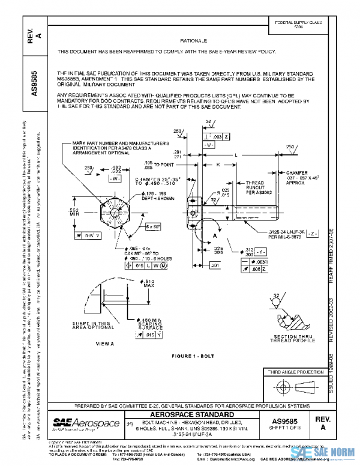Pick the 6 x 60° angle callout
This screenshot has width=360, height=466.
(152, 226)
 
